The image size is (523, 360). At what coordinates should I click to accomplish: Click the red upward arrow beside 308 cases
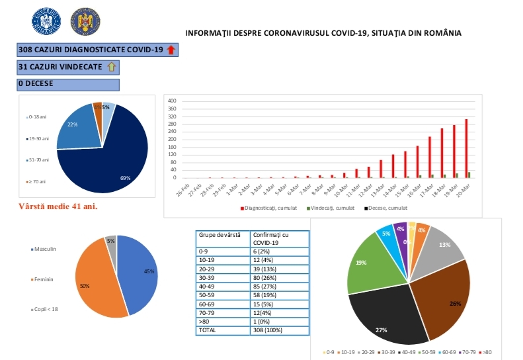(171, 50)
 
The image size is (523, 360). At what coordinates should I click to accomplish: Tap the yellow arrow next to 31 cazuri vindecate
(111, 67)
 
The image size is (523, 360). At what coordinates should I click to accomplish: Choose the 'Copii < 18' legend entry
(46, 309)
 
